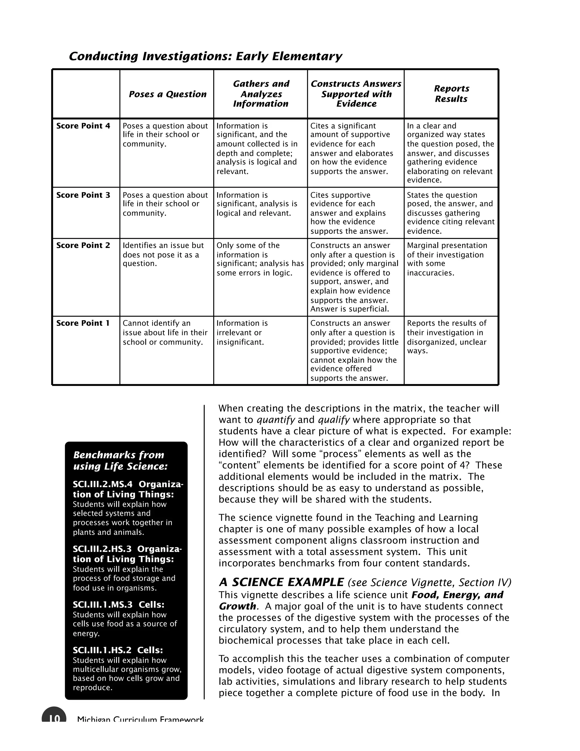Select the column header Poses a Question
[x=167, y=94]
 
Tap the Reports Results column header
[x=451, y=94]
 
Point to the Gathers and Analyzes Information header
[x=261, y=94]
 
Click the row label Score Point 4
[x=83, y=126]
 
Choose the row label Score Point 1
[x=83, y=323]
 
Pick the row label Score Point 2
[x=83, y=245]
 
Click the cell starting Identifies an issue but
[x=163, y=254]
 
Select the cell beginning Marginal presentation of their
[x=447, y=259]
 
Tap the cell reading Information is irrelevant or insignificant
[x=242, y=332]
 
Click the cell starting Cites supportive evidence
[x=349, y=213]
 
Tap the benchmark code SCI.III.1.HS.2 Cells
[x=118, y=650]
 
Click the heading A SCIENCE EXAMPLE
[x=281, y=582]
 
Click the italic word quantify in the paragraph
[x=276, y=420]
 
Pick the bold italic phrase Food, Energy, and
[x=457, y=595]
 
